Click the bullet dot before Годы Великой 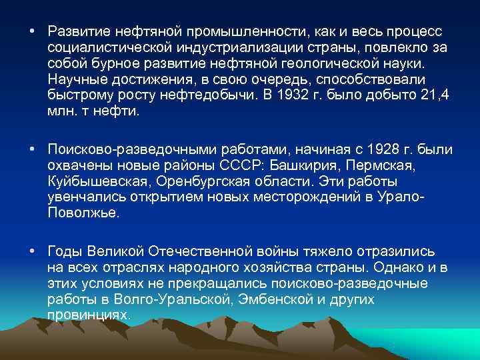pyautogui.click(x=31, y=251)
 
